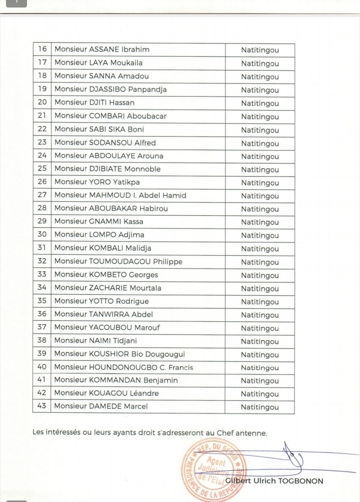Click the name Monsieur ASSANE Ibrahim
point(102,50)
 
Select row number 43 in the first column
point(42,406)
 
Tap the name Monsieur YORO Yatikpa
point(97,182)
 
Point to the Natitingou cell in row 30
point(259,235)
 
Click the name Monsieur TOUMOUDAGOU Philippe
point(118,261)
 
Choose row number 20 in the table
point(42,103)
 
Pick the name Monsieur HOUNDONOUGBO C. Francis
point(123,367)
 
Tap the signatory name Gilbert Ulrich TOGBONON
point(274,481)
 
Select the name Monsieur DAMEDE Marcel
point(101,406)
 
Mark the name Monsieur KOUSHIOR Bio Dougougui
point(119,354)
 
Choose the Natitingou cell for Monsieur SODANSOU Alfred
point(259,144)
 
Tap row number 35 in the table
point(42,301)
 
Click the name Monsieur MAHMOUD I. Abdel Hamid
point(120,195)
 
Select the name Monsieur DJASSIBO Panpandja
point(110,90)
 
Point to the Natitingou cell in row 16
point(259,50)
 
